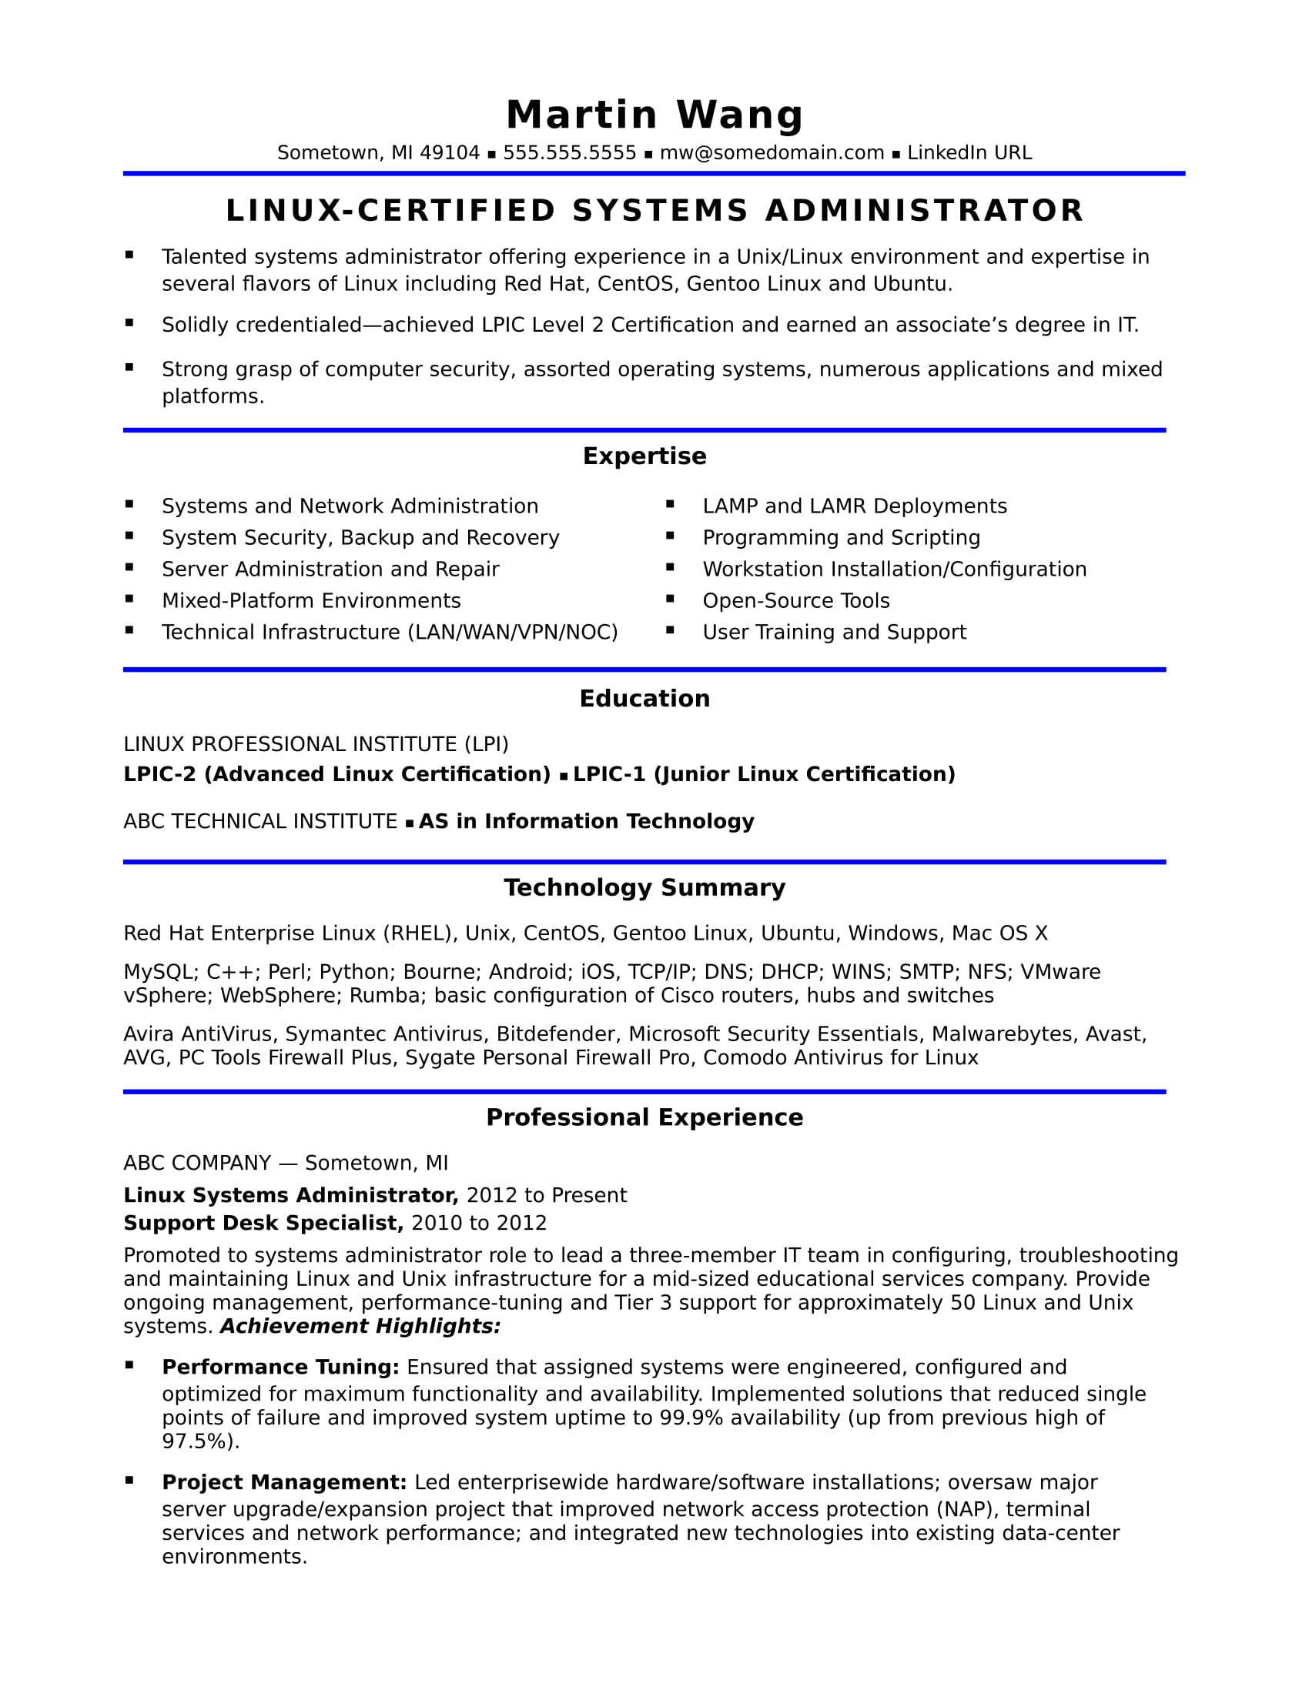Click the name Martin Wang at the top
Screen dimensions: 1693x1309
pos(654,115)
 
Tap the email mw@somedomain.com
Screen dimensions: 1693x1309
pos(772,152)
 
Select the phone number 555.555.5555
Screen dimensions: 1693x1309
pos(569,152)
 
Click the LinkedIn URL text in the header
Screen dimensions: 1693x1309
pos(969,152)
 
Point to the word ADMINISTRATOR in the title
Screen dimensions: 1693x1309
pos(924,211)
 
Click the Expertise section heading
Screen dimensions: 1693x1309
pos(644,456)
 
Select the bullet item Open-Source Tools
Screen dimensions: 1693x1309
pos(795,601)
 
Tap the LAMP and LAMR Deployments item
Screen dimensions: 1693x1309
pos(855,506)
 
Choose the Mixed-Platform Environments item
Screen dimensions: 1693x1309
pos(311,601)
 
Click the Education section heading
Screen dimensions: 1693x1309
pos(644,699)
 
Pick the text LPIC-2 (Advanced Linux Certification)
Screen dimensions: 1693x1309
pos(336,774)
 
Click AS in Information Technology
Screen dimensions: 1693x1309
pos(586,821)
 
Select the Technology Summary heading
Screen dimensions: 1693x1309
pos(644,887)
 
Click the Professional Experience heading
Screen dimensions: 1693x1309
pos(644,1117)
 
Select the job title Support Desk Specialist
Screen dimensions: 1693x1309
pos(263,1223)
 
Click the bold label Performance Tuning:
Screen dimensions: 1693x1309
pos(280,1367)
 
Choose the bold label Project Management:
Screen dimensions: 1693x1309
pos(284,1482)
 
